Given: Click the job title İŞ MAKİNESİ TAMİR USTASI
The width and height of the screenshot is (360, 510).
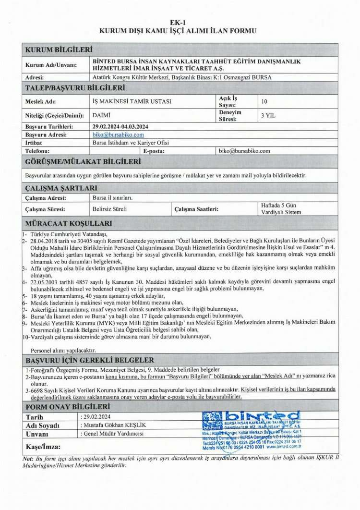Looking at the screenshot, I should (x=131, y=102).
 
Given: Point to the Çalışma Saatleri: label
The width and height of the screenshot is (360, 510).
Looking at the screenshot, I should (x=196, y=209).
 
